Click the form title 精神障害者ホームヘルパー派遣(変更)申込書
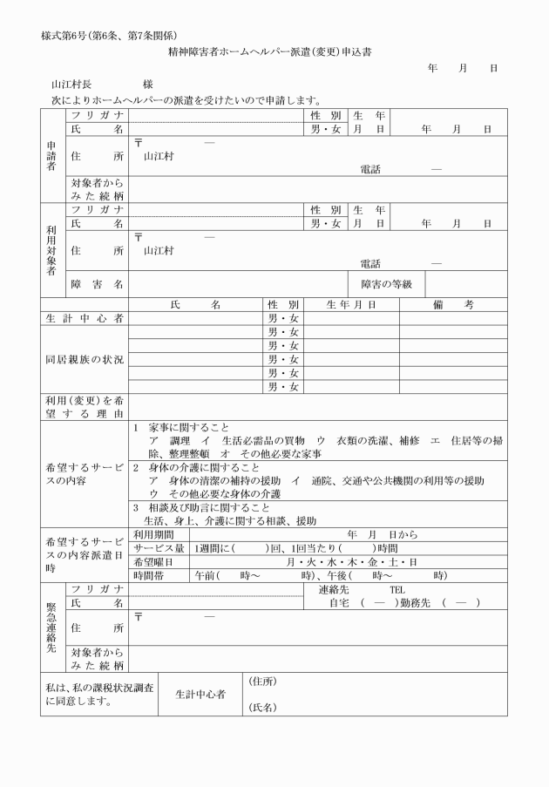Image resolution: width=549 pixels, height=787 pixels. pos(275,52)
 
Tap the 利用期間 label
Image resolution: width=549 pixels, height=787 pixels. pos(153,533)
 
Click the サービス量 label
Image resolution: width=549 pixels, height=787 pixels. pos(159,548)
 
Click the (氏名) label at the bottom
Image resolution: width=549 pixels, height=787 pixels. pos(263,707)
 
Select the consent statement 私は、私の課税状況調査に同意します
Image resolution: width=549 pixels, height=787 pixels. pos(100,694)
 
